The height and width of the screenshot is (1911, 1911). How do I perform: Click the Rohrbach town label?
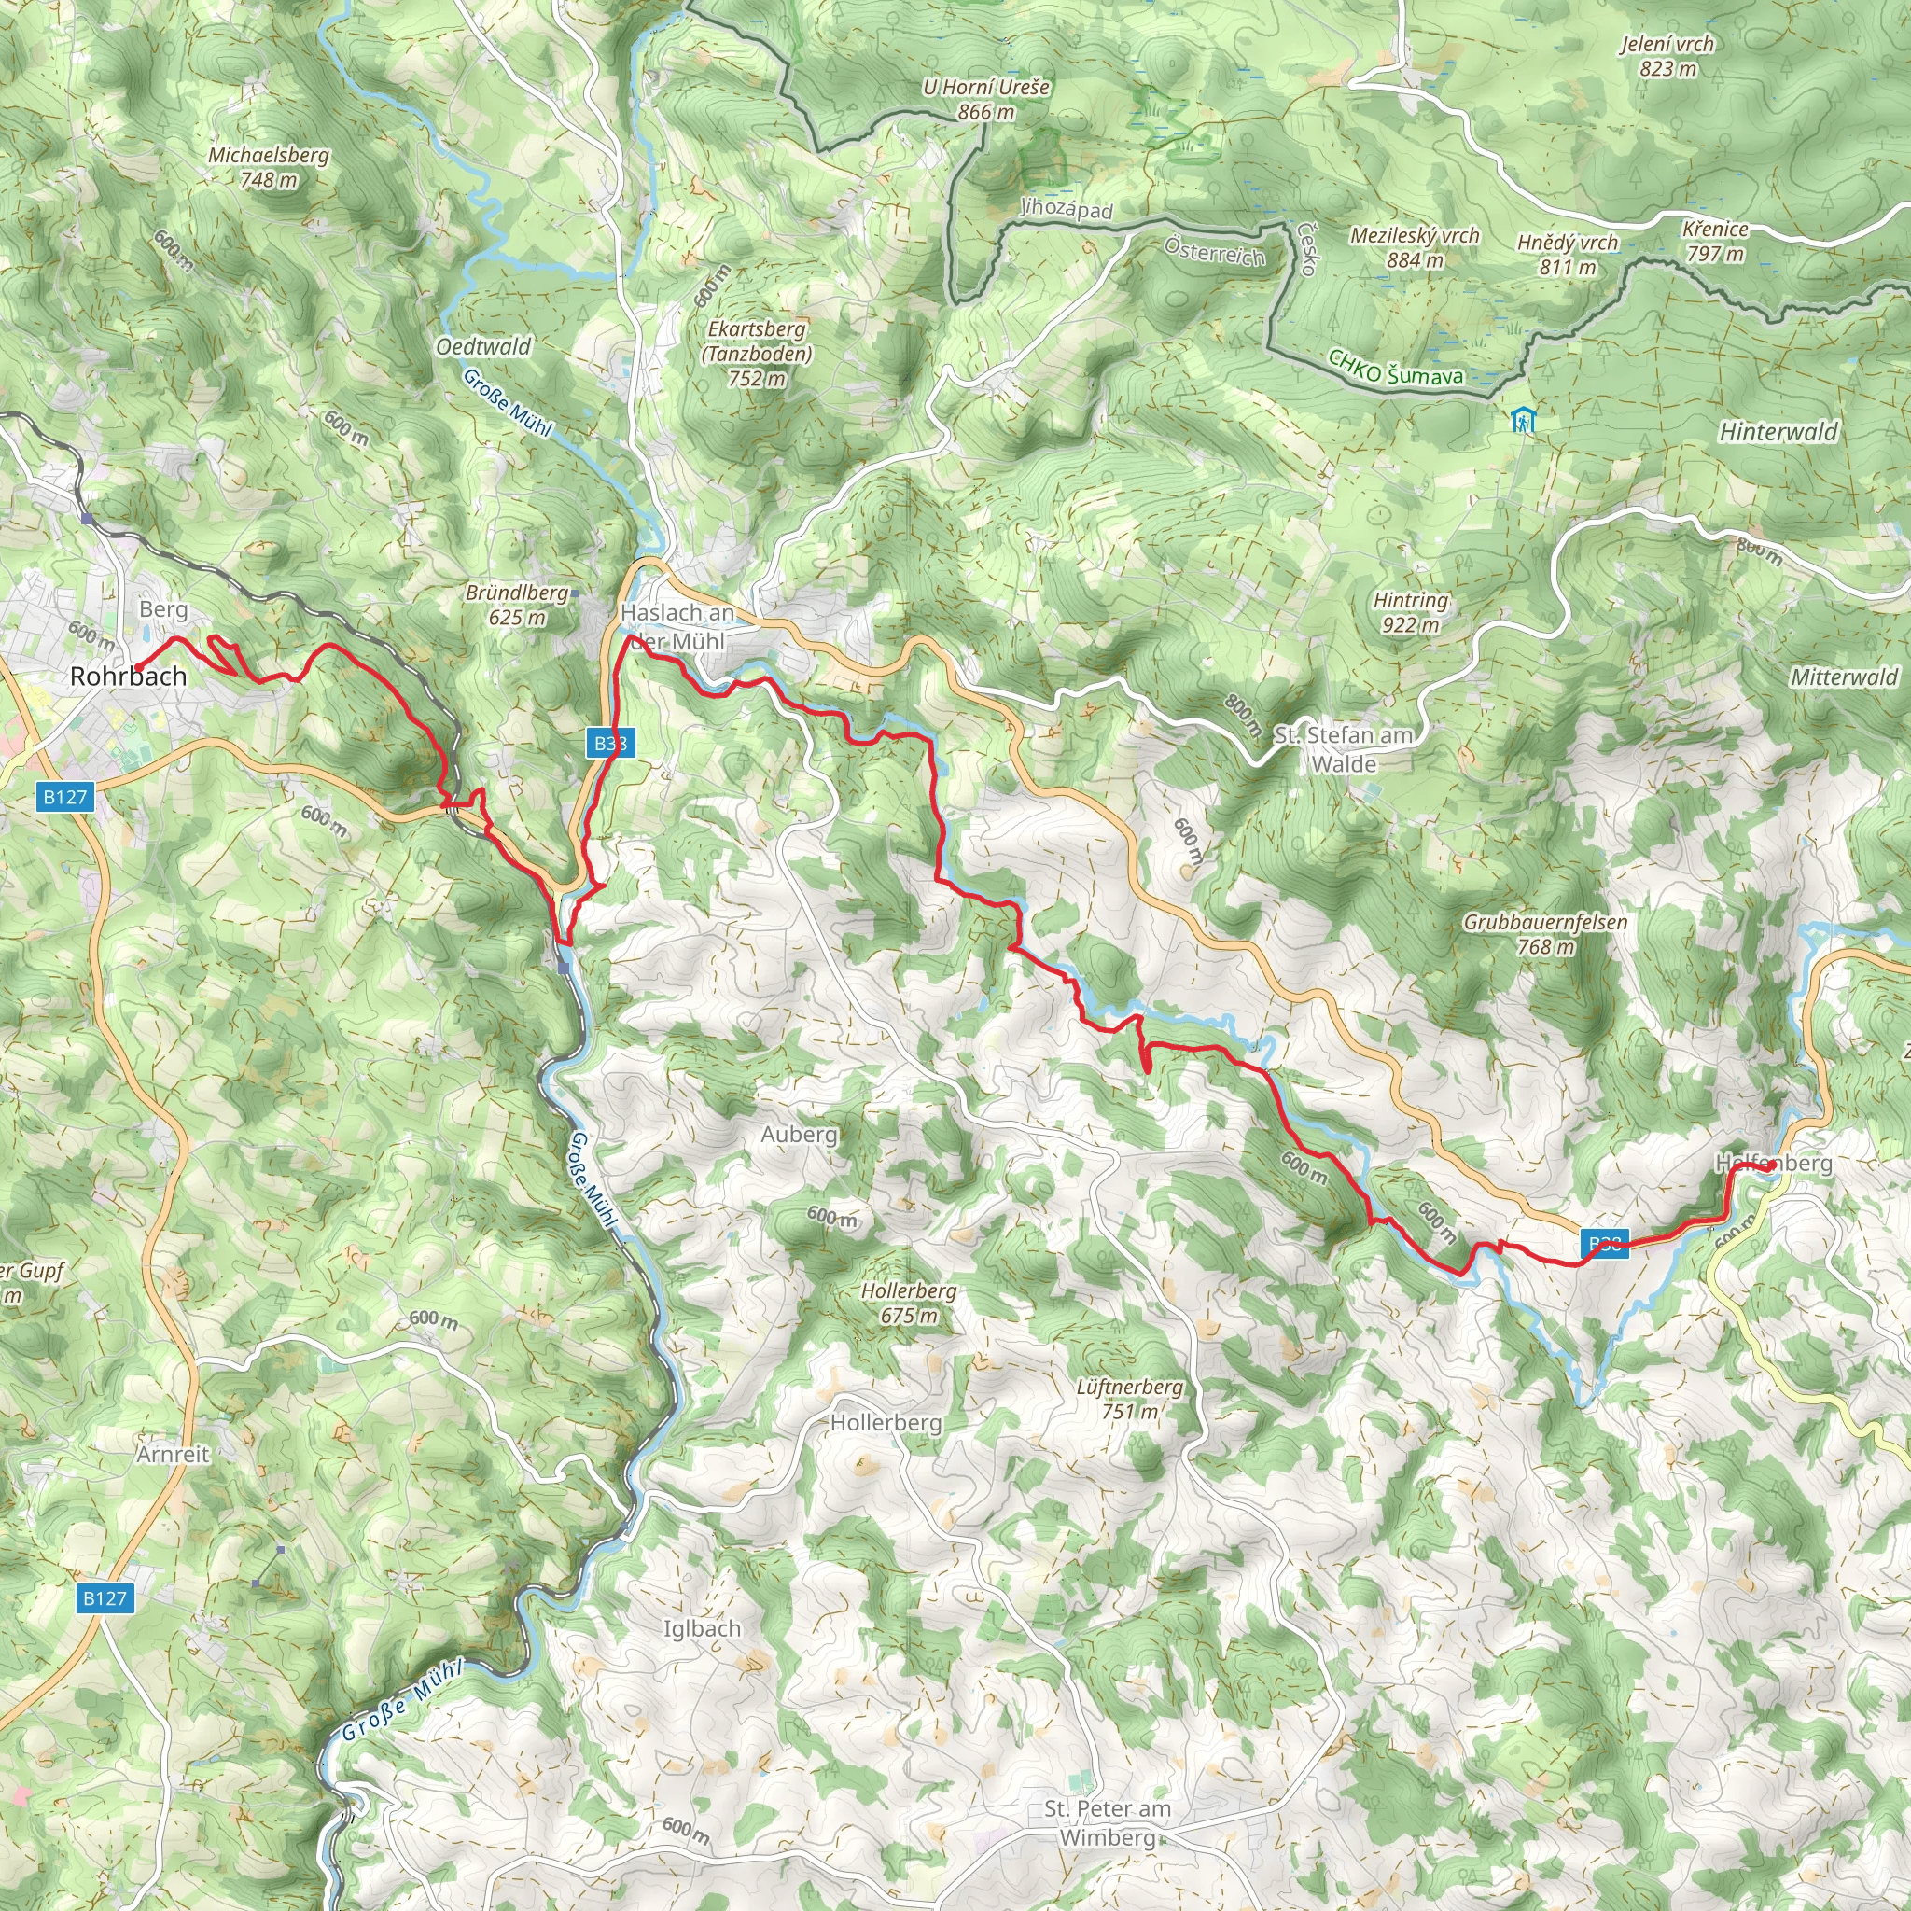(128, 677)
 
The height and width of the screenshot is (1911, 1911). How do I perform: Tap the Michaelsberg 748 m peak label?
(268, 167)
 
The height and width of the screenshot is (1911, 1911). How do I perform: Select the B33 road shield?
(610, 744)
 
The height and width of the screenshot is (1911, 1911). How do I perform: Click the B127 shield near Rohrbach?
(66, 796)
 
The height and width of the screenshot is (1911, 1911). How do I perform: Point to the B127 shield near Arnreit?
(105, 1597)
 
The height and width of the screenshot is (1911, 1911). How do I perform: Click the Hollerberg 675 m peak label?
(908, 1303)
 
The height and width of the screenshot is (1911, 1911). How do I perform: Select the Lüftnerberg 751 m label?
(1130, 1399)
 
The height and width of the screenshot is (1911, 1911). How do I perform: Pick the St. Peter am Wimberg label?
(1107, 1823)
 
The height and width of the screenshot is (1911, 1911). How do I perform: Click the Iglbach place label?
(702, 1628)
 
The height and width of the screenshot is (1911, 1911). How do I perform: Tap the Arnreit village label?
(174, 1454)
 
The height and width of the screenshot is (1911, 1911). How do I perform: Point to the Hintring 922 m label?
(1411, 612)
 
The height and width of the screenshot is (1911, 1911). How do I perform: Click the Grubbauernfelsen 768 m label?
(1545, 934)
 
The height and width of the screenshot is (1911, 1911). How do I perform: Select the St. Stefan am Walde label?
(1344, 748)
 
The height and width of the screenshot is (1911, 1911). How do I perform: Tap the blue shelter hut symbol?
(1522, 422)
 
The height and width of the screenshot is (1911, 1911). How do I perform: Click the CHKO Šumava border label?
(1395, 368)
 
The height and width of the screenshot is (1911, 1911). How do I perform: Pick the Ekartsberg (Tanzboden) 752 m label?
(757, 353)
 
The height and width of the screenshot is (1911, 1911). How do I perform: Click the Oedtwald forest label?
(482, 346)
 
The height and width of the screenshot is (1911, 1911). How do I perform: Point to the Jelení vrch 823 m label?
(1667, 55)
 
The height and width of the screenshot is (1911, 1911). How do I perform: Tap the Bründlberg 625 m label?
(517, 605)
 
